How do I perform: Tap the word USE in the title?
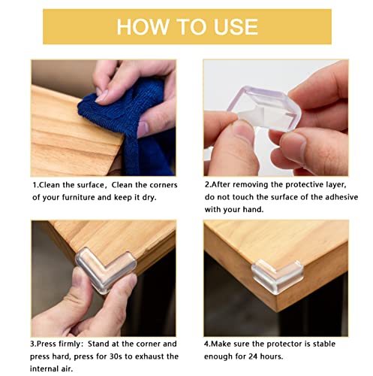pos(230,26)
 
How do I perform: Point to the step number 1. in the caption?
pos(36,183)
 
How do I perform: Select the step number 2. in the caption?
pos(208,183)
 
